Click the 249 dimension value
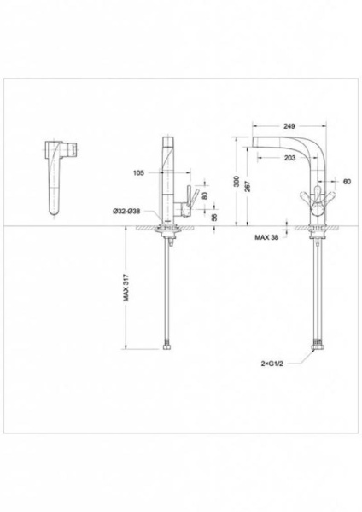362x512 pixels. pyautogui.click(x=289, y=126)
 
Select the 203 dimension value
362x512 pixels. pyautogui.click(x=289, y=158)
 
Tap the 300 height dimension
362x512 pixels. pyautogui.click(x=236, y=182)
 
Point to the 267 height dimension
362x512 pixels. pyautogui.click(x=248, y=186)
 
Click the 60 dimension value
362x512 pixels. pyautogui.click(x=347, y=182)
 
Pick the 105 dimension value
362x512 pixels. pyautogui.click(x=138, y=172)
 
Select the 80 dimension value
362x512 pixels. pyautogui.click(x=205, y=195)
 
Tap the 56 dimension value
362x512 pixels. pyautogui.click(x=214, y=218)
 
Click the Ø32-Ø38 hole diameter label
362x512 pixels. pyautogui.click(x=126, y=212)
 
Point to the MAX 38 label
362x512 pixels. pyautogui.click(x=266, y=237)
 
